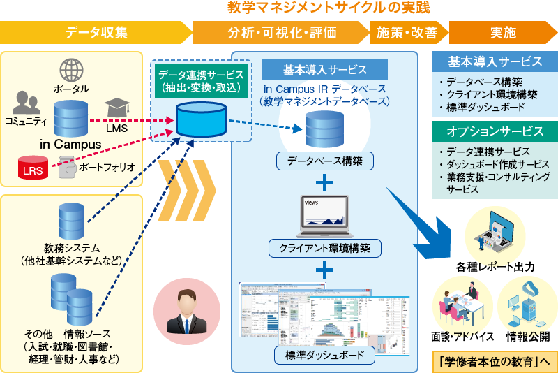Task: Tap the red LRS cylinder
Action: pyautogui.click(x=32, y=168)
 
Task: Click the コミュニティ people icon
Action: pyautogui.click(x=27, y=104)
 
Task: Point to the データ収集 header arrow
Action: pyautogui.click(x=96, y=32)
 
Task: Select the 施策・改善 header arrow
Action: pyautogui.click(x=407, y=32)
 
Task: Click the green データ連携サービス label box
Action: pyautogui.click(x=201, y=80)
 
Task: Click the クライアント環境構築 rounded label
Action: pyautogui.click(x=325, y=247)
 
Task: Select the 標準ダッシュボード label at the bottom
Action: pyautogui.click(x=325, y=356)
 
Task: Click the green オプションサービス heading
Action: pyautogui.click(x=495, y=131)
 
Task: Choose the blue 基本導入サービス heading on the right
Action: pyautogui.click(x=495, y=61)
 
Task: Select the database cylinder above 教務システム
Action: pyautogui.click(x=72, y=221)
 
